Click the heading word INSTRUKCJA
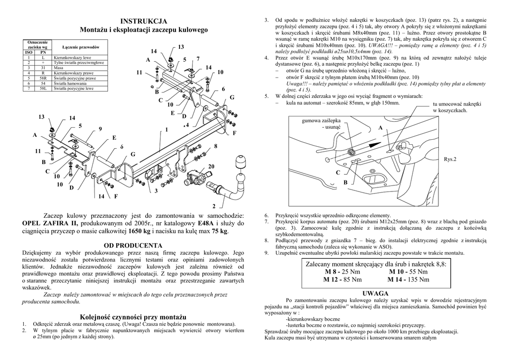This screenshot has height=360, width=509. pyautogui.click(x=144, y=21)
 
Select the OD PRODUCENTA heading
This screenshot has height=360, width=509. pyautogui.click(x=133, y=246)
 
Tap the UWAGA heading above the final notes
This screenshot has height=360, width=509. pyautogui.click(x=375, y=293)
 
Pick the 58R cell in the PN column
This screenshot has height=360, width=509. pyautogui.click(x=43, y=78)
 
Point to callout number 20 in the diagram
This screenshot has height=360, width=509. pyautogui.click(x=211, y=166)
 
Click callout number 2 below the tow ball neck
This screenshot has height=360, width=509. pyautogui.click(x=214, y=206)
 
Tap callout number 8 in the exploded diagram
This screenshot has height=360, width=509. pyautogui.click(x=216, y=146)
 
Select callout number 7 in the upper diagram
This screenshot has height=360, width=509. pyautogui.click(x=198, y=59)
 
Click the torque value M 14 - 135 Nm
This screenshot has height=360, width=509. pyautogui.click(x=409, y=279)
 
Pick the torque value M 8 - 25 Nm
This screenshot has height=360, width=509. pyautogui.click(x=343, y=272)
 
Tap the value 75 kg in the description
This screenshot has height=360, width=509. pyautogui.click(x=219, y=232)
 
